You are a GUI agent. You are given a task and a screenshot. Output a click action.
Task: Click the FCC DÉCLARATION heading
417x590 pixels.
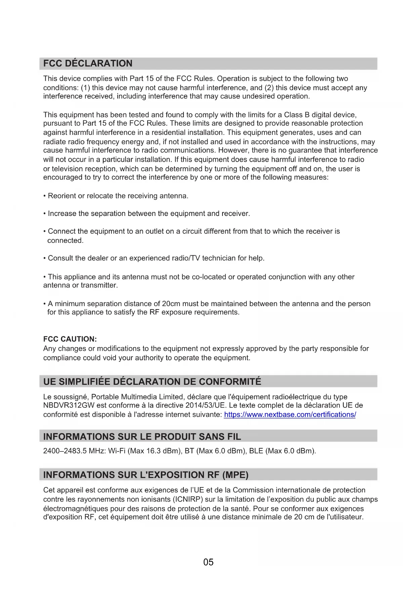pyautogui.click(x=88, y=64)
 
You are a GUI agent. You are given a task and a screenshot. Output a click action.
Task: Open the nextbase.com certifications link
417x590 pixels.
pyautogui.click(x=290, y=415)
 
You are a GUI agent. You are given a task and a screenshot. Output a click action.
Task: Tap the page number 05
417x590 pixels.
pyautogui.click(x=208, y=562)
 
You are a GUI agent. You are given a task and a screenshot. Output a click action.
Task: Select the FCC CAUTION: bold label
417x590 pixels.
pyautogui.click(x=70, y=339)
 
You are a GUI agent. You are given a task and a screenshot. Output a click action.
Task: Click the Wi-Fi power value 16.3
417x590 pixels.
pyautogui.click(x=153, y=451)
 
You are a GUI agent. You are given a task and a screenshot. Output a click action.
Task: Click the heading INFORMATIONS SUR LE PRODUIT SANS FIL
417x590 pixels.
pyautogui.click(x=142, y=437)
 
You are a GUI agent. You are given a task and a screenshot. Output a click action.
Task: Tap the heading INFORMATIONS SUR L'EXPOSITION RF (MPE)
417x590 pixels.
pyautogui.click(x=146, y=475)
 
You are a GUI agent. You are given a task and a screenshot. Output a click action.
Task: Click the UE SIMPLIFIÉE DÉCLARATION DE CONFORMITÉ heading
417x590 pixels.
pyautogui.click(x=152, y=382)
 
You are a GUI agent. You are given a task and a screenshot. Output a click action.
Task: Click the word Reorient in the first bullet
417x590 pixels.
pyautogui.click(x=62, y=196)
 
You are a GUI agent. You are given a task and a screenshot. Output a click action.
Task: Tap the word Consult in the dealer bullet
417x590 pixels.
pyautogui.click(x=61, y=258)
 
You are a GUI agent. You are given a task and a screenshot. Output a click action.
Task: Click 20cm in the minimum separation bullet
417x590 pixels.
pyautogui.click(x=171, y=304)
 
